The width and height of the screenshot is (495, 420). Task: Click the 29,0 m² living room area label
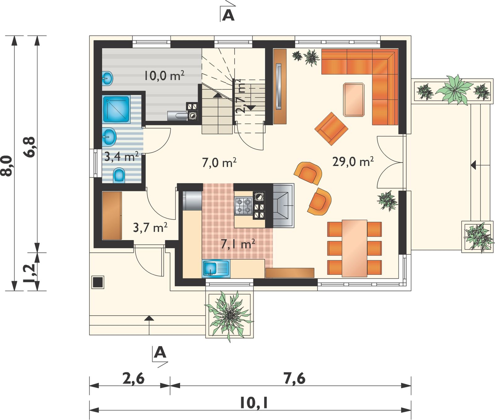[353, 161]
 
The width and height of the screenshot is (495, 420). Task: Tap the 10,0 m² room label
[164, 75]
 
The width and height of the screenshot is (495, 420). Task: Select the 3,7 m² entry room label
[150, 228]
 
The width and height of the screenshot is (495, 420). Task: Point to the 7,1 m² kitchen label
[238, 244]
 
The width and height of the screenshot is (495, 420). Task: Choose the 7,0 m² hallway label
[219, 163]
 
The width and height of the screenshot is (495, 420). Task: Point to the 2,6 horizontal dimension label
[133, 378]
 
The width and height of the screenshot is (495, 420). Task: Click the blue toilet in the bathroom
[119, 175]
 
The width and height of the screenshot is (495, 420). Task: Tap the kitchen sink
[217, 268]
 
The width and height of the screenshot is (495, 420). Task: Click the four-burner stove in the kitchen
[244, 206]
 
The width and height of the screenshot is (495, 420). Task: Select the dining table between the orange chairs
[355, 248]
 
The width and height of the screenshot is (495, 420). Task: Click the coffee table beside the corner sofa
[354, 100]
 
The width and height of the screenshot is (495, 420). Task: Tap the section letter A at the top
[228, 15]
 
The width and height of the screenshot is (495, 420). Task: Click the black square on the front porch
[98, 282]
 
